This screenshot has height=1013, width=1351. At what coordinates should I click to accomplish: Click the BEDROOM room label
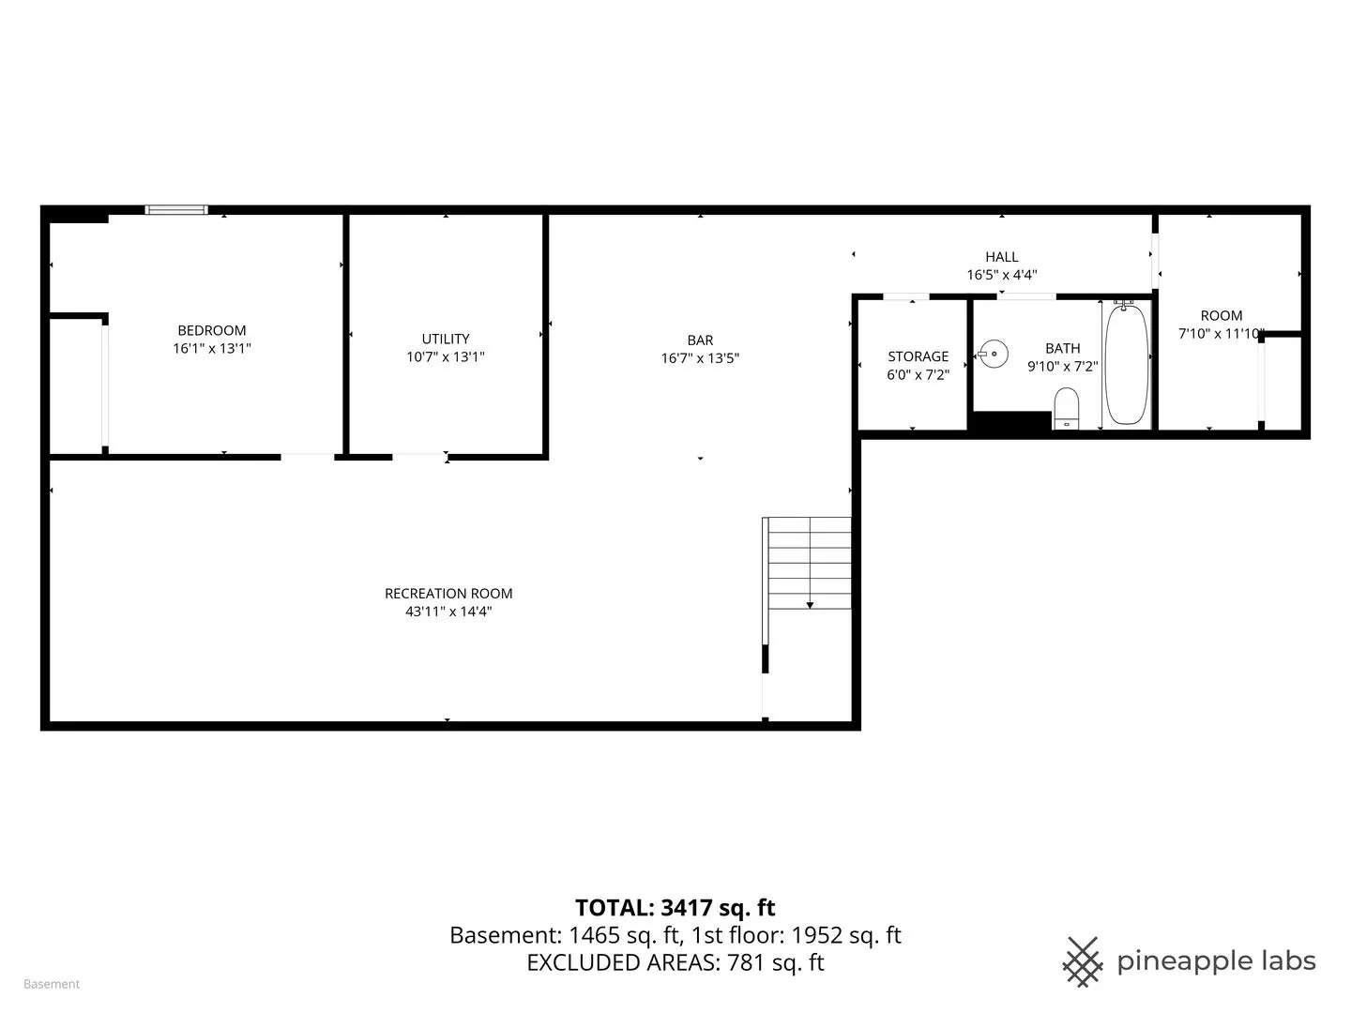(212, 330)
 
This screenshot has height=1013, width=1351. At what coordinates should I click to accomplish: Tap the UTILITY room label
(445, 339)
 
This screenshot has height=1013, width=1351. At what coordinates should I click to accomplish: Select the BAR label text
(700, 340)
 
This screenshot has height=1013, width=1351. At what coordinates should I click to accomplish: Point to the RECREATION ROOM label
(448, 594)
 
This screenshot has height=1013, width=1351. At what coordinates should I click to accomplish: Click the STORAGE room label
(918, 356)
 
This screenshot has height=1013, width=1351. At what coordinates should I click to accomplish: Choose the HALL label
(1001, 257)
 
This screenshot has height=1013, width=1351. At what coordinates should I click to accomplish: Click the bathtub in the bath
(1127, 365)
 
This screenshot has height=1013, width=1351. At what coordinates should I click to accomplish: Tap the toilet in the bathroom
(1066, 408)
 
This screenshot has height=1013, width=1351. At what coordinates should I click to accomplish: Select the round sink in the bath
(993, 355)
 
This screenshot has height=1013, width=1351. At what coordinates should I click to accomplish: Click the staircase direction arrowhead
(810, 605)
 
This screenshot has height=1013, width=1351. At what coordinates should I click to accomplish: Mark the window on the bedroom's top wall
(176, 210)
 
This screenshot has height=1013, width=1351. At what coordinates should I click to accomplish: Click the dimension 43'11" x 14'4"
(448, 612)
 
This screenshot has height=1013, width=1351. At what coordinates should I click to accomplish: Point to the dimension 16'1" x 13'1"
(212, 348)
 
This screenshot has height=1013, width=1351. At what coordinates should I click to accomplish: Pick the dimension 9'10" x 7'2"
(1062, 367)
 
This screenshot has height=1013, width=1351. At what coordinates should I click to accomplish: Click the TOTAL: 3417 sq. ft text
(675, 908)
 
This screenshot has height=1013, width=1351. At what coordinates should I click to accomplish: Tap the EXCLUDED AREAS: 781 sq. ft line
(675, 962)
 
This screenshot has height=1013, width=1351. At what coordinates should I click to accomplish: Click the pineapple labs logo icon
(1082, 962)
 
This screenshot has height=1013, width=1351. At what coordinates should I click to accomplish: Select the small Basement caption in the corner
(52, 984)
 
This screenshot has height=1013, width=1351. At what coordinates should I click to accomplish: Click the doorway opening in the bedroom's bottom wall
(307, 457)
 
